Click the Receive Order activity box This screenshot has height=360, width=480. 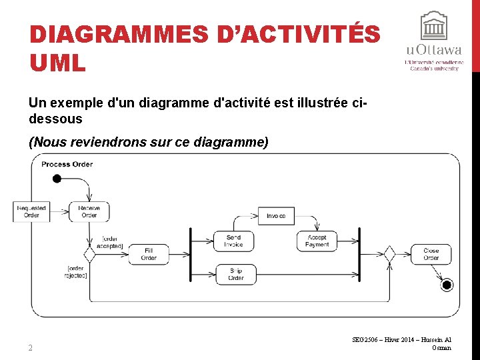pyautogui.click(x=89, y=212)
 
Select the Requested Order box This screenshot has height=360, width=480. pyautogui.click(x=31, y=212)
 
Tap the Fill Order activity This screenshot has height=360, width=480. pyautogui.click(x=148, y=254)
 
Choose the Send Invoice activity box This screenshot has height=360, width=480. pyautogui.click(x=233, y=241)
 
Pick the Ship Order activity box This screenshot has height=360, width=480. pyautogui.click(x=235, y=274)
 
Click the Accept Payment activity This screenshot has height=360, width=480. pyautogui.click(x=317, y=241)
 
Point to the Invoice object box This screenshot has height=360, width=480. pyautogui.click(x=276, y=216)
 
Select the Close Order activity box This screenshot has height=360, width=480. pyautogui.click(x=431, y=254)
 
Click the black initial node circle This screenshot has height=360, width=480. pyautogui.click(x=57, y=178)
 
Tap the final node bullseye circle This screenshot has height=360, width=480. pyautogui.click(x=447, y=285)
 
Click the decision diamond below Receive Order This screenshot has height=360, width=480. pyautogui.click(x=89, y=254)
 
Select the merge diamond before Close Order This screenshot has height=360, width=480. pyautogui.click(x=389, y=254)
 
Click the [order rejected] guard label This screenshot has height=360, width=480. pyautogui.click(x=75, y=272)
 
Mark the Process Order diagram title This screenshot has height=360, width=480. pyautogui.click(x=67, y=164)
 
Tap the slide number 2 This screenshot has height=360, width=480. pyautogui.click(x=31, y=347)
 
